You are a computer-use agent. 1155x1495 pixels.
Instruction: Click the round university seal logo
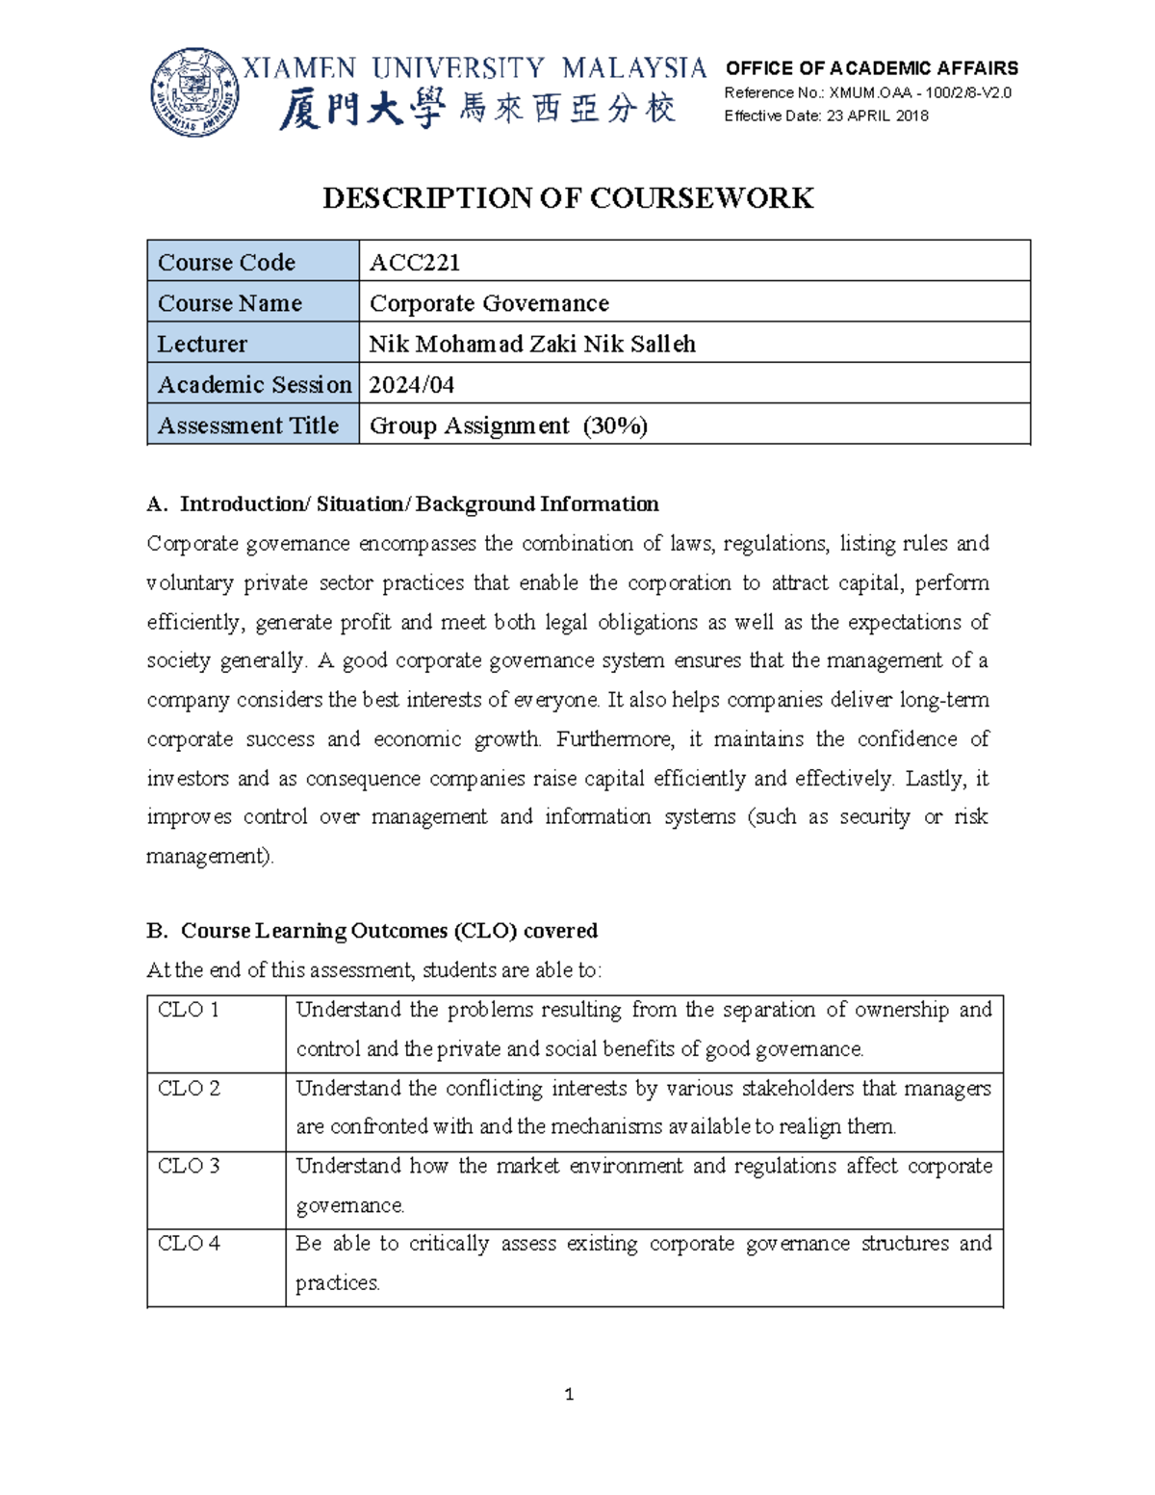tap(195, 92)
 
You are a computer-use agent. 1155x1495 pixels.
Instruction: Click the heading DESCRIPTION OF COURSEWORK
tap(568, 198)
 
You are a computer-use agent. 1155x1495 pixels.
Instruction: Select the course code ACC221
tap(415, 262)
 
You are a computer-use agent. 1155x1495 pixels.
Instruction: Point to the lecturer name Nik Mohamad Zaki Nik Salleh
tap(532, 344)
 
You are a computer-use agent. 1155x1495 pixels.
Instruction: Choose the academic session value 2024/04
tap(412, 385)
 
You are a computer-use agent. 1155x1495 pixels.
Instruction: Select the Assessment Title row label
tap(248, 425)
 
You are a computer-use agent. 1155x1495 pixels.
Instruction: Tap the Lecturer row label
tap(202, 344)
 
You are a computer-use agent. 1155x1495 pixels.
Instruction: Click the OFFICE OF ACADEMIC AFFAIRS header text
tap(871, 68)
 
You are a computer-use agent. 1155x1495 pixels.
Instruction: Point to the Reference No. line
tap(867, 92)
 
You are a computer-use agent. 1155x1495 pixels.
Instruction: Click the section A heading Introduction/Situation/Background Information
tap(418, 504)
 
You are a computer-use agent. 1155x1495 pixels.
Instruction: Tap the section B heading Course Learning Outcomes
tap(389, 931)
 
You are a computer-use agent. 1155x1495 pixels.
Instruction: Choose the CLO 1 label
tap(189, 1010)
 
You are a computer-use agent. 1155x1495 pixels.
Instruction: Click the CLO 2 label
tap(189, 1089)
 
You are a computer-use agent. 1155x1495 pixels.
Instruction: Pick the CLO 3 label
tap(189, 1166)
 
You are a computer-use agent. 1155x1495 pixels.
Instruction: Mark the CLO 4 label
tap(189, 1244)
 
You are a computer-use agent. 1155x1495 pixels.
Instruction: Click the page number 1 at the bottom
tap(570, 1394)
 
